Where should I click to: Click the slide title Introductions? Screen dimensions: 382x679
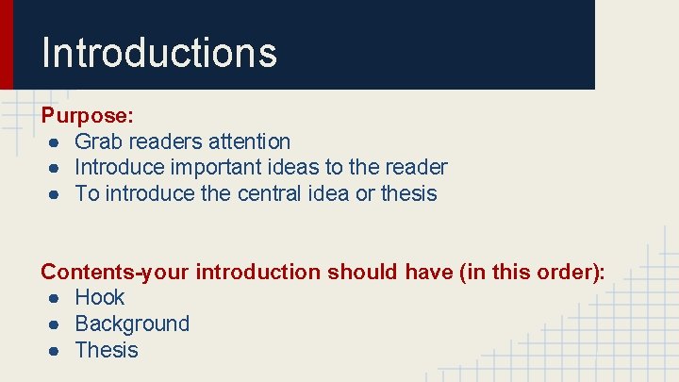[x=158, y=52]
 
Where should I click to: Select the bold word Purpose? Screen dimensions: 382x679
[x=87, y=116]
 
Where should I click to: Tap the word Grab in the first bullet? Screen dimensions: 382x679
[x=97, y=142]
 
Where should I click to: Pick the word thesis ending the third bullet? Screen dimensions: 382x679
[x=408, y=194]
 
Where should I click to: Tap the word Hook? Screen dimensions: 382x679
[x=99, y=298]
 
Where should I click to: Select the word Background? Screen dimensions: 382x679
[x=132, y=324]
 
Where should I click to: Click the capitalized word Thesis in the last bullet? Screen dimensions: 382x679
[x=107, y=351]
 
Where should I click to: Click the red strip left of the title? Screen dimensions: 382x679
[x=6, y=44]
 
